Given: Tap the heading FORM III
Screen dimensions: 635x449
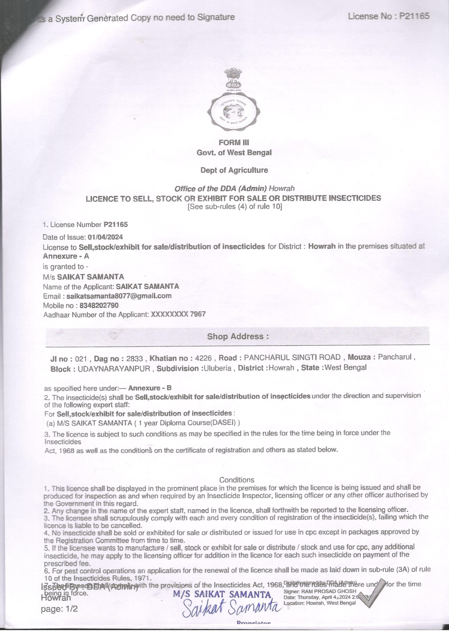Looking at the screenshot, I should tap(234, 142).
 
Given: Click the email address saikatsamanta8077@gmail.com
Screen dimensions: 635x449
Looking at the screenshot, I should tap(119, 296).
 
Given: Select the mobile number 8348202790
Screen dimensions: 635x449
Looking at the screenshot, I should tap(99, 305).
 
